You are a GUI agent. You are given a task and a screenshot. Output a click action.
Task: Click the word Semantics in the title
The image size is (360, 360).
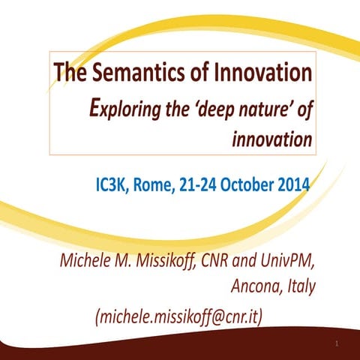click(139, 74)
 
